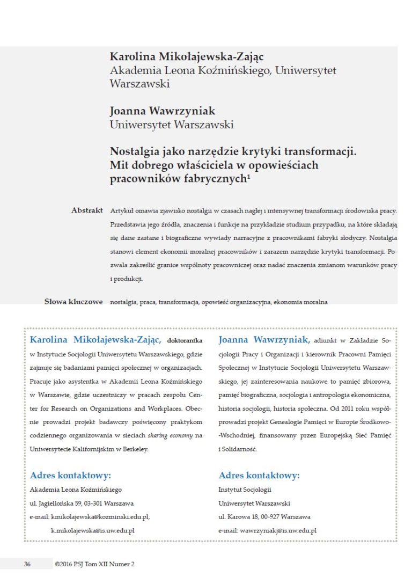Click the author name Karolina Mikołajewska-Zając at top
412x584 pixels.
179,57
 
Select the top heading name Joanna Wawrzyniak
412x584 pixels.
162,111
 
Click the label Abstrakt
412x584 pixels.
87,210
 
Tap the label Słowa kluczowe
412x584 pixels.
73,302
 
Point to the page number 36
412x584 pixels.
27,564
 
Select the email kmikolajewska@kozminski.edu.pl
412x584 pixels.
100,517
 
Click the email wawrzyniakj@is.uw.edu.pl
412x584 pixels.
278,531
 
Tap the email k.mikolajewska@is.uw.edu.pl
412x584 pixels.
92,531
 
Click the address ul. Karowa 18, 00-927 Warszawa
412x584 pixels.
264,517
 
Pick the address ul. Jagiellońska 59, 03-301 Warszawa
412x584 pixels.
82,503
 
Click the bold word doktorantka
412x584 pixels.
185,340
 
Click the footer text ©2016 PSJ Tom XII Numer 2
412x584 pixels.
94,564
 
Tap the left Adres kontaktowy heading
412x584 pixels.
70,476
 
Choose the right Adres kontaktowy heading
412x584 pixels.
259,476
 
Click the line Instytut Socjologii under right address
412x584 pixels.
245,490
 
